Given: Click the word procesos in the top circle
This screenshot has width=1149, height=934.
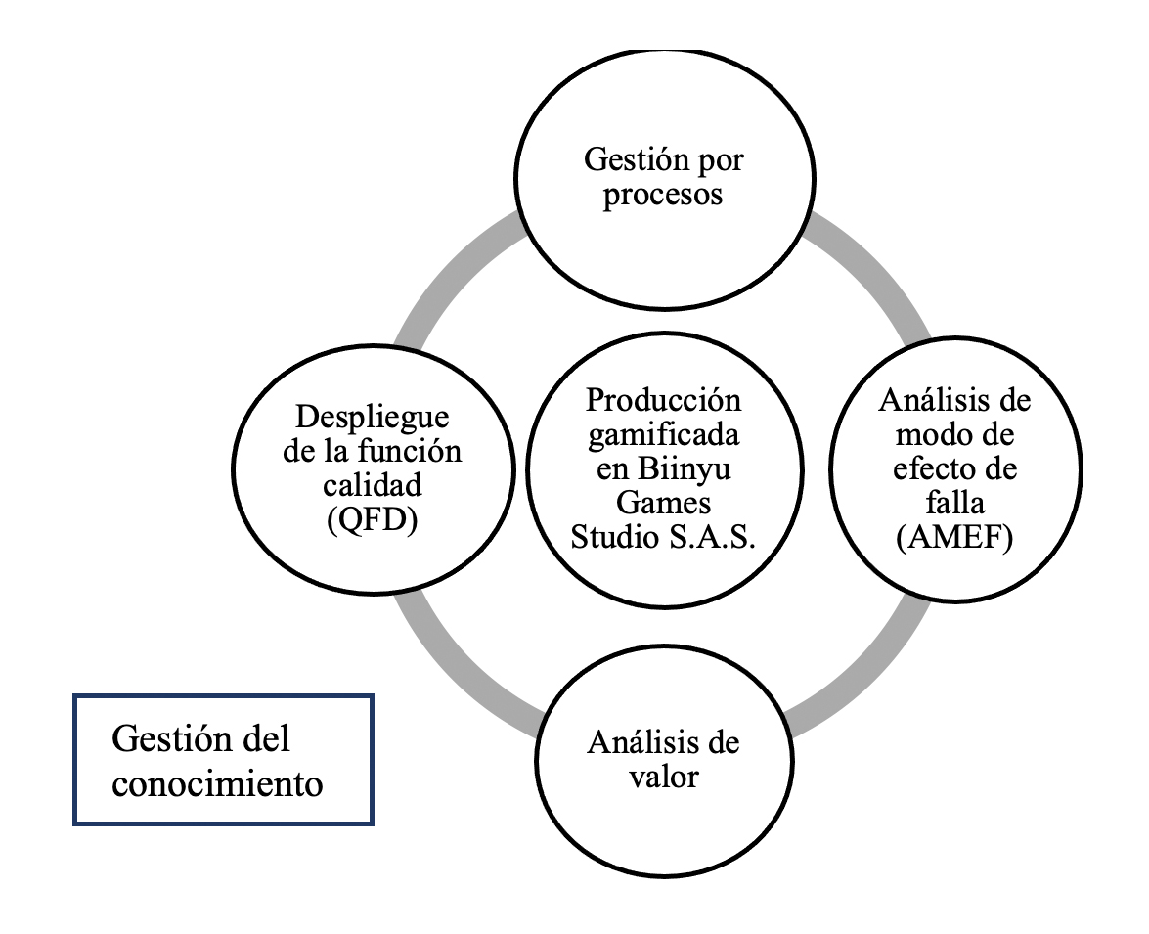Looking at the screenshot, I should tap(663, 195).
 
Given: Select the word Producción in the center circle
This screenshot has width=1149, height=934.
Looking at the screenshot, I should tap(664, 400).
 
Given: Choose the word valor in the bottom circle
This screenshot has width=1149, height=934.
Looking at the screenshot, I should tap(663, 778).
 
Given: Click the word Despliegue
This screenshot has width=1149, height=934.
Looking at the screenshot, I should tap(372, 418).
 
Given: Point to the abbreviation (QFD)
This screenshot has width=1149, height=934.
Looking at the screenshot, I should tap(372, 520).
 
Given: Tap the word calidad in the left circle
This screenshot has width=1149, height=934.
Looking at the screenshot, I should tap(372, 486).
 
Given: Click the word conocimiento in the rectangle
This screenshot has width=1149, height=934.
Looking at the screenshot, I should tap(217, 782).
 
